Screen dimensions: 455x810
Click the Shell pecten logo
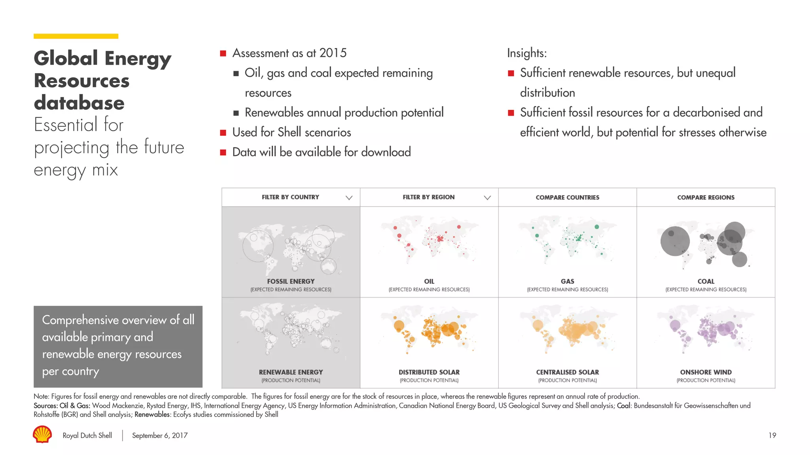(x=42, y=434)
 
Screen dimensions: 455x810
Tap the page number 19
(x=772, y=435)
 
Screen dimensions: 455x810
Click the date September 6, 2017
(x=160, y=435)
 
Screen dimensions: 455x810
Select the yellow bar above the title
(x=76, y=36)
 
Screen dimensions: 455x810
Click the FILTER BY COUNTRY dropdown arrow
(x=349, y=197)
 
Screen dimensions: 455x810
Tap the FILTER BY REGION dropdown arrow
(x=487, y=197)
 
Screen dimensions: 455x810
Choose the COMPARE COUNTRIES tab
(x=567, y=197)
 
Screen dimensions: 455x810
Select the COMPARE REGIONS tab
(x=706, y=197)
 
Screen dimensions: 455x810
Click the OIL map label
(x=429, y=281)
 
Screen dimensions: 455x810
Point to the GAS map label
(x=567, y=281)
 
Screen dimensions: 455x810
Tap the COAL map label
(x=706, y=281)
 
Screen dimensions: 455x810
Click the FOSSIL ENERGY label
(x=291, y=281)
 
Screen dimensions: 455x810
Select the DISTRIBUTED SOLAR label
(x=429, y=372)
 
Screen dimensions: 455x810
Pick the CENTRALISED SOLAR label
(x=567, y=372)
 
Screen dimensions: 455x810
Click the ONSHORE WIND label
(x=706, y=372)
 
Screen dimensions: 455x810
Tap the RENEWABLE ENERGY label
(x=291, y=372)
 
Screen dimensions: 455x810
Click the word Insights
(x=526, y=53)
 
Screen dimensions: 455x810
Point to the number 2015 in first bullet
(x=333, y=53)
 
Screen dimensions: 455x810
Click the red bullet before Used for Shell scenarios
(x=223, y=133)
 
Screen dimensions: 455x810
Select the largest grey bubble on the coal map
(x=675, y=241)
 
